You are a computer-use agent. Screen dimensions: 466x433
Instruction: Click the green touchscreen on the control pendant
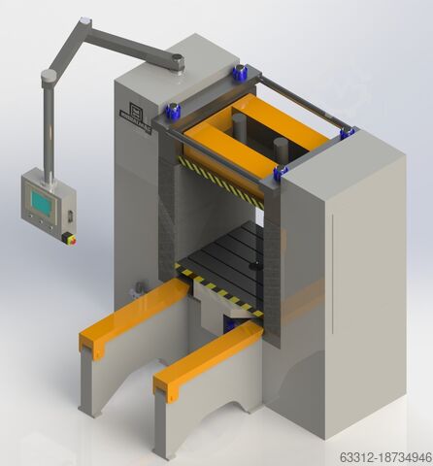[x=42, y=202]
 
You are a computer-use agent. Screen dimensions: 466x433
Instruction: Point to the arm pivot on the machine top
[x=178, y=62]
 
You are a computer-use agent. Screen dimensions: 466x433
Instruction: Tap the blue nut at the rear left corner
[x=239, y=73]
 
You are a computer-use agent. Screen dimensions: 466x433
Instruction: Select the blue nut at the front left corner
[x=174, y=111]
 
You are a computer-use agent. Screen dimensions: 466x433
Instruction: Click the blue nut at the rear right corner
[x=347, y=133]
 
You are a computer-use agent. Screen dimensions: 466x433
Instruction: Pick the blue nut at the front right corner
[x=281, y=174]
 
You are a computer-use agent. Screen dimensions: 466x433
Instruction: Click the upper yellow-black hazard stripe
[x=221, y=182]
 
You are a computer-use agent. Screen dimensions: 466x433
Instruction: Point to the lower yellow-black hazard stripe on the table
[x=218, y=290]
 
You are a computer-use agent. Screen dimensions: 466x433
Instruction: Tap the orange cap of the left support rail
[x=133, y=316]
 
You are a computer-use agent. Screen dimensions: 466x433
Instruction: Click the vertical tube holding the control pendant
[x=49, y=126]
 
